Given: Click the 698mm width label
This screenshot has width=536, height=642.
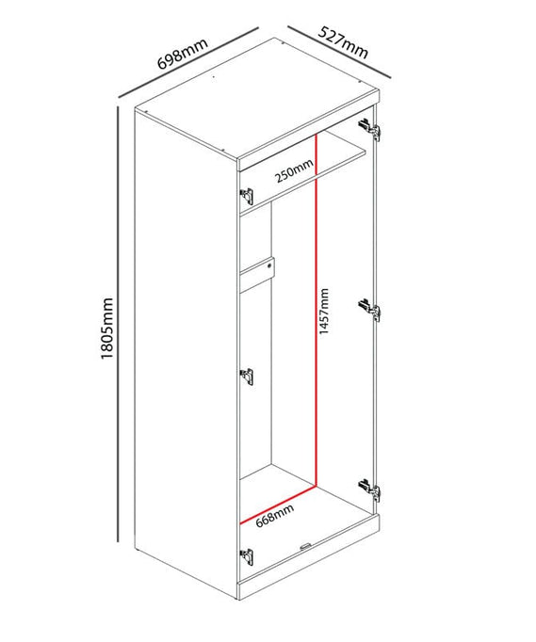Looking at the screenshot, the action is (x=183, y=54).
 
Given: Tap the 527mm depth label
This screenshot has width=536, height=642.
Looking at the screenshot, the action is (x=344, y=42).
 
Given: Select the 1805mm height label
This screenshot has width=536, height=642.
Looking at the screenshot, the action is (x=106, y=329).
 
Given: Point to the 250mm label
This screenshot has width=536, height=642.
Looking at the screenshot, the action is (x=294, y=170).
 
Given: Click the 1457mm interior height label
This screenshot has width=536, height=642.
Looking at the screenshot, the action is (x=324, y=312).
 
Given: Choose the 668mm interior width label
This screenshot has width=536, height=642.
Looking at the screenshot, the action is (x=274, y=516).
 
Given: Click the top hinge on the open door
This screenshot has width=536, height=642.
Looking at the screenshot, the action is (x=369, y=129).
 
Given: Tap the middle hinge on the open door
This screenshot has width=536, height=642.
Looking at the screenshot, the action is (x=369, y=310).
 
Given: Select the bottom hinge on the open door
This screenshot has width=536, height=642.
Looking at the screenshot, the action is (x=369, y=490).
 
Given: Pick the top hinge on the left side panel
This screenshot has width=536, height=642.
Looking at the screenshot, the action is (x=246, y=196).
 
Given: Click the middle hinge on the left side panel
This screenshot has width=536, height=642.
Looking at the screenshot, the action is (x=246, y=377).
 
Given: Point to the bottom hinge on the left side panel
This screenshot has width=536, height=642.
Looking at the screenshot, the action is (x=246, y=557).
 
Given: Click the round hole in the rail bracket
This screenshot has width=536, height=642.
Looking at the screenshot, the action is (x=269, y=265).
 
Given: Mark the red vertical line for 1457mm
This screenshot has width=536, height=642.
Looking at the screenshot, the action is (x=317, y=311).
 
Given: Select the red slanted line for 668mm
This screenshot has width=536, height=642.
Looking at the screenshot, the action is (x=278, y=505).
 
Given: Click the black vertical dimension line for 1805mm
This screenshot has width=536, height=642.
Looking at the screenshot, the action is (x=118, y=324).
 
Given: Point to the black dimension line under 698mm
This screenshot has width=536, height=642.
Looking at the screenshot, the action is (x=188, y=63).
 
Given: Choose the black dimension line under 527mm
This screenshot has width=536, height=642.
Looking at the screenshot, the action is (x=339, y=52).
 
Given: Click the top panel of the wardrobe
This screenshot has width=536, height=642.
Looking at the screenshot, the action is (x=257, y=98).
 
